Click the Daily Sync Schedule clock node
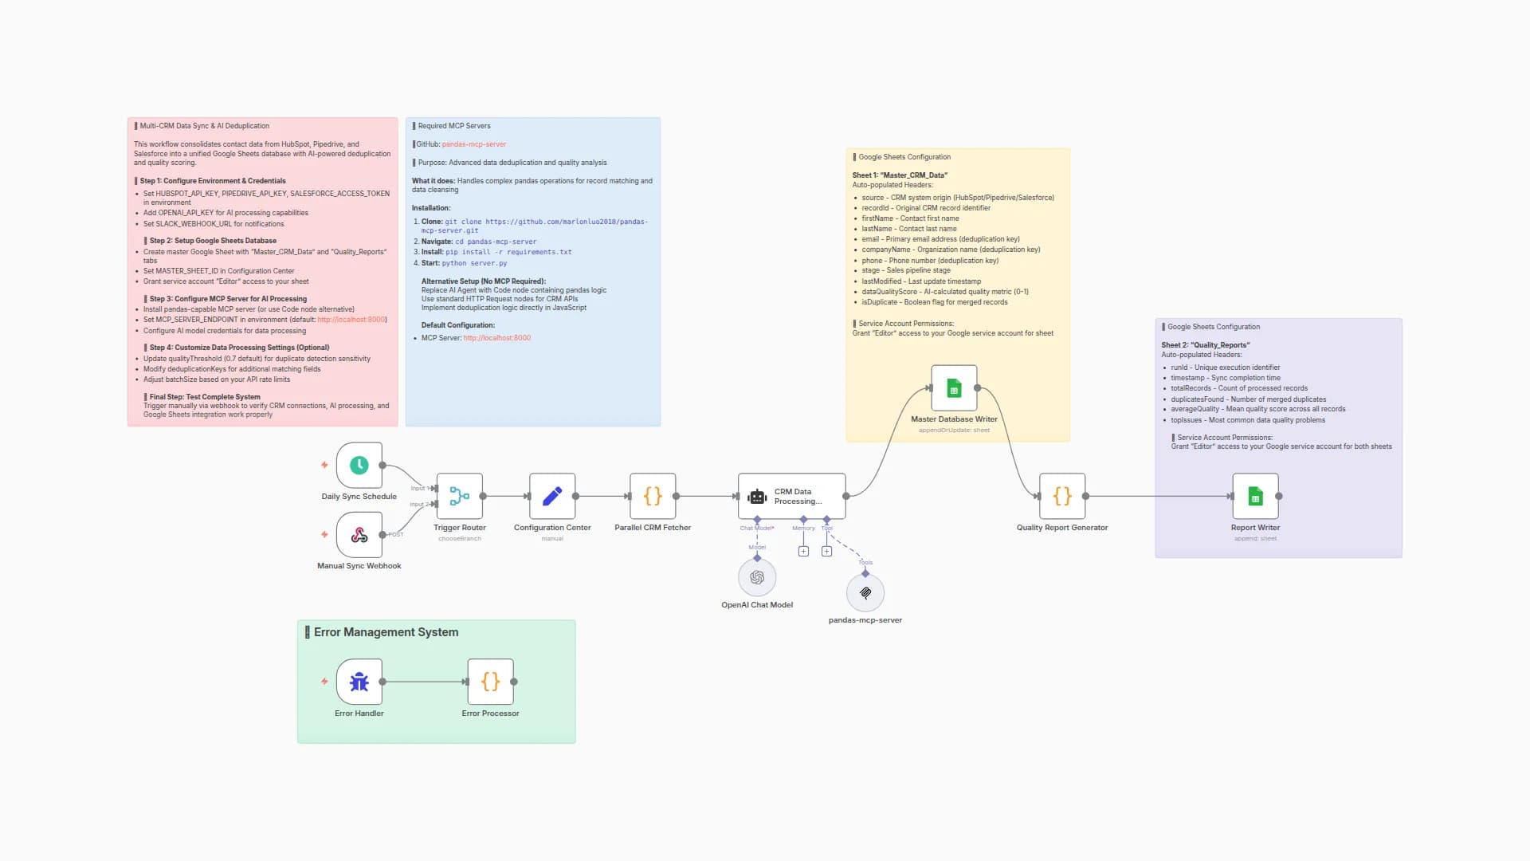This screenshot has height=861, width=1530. pos(359,466)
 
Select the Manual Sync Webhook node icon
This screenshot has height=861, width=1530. pos(359,535)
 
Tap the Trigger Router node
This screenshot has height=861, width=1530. pos(459,497)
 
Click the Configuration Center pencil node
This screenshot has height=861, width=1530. pos(552,497)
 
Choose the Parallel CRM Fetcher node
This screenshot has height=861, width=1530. pos(653,497)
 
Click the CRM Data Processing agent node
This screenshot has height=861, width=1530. pos(791,497)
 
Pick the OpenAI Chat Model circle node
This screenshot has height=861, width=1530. pos(757,577)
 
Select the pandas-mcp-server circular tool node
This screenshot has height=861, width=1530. pos(865,593)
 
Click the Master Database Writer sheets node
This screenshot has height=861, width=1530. pos(954,389)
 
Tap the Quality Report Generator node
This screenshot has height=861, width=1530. pos(1062,497)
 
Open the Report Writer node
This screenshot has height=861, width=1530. pos(1255,497)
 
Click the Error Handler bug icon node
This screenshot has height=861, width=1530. pos(359,682)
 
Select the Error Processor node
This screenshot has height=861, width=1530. pos(490,682)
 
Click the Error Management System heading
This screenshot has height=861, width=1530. pos(386,632)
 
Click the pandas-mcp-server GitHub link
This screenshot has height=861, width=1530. pos(474,144)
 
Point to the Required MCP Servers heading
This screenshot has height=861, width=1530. pos(454,126)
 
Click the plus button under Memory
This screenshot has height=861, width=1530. pos(803,552)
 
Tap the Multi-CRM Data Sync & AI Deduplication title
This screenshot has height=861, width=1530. pos(205,126)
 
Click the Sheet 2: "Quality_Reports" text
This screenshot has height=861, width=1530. pos(1205,345)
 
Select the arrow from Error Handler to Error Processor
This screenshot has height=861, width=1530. pos(425,682)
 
